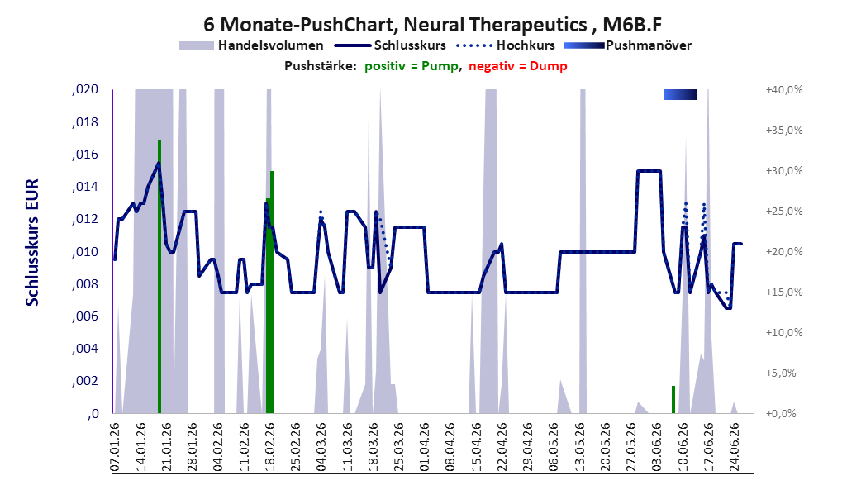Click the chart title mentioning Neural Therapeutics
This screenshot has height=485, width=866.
(x=432, y=24)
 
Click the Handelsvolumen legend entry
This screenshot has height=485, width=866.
(x=251, y=45)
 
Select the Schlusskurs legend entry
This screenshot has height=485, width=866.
(x=390, y=45)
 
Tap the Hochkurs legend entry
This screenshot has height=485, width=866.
(x=506, y=45)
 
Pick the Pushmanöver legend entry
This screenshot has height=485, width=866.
(x=627, y=45)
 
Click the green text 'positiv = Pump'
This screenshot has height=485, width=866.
(x=412, y=66)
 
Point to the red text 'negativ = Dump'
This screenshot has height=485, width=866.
(x=518, y=66)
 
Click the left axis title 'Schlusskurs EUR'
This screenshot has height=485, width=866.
(x=32, y=242)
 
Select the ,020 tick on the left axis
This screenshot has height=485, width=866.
(x=85, y=89)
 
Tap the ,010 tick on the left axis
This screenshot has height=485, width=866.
(x=85, y=252)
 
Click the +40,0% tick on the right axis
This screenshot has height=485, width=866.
(x=784, y=89)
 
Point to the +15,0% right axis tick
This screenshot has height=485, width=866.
(x=784, y=292)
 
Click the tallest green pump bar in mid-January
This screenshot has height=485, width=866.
(x=159, y=276)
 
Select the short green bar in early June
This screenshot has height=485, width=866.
(x=673, y=399)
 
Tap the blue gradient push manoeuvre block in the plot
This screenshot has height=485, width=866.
(x=680, y=94)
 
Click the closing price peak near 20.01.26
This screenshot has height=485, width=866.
(x=159, y=163)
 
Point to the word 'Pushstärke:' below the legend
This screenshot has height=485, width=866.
(x=321, y=66)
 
